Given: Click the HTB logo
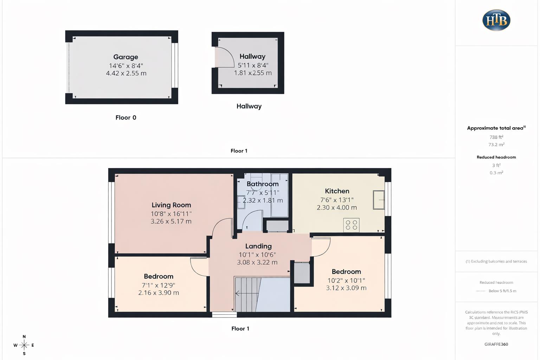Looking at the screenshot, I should (496, 20).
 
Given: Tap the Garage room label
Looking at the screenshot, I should (126, 57).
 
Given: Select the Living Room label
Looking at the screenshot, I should (171, 205).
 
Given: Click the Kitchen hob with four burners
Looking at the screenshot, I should (351, 225).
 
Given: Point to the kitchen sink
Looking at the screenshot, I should (379, 200).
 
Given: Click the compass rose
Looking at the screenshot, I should (24, 345).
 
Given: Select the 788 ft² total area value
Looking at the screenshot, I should (496, 137).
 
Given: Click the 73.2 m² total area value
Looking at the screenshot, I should (496, 144).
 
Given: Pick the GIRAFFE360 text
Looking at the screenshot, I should (496, 344).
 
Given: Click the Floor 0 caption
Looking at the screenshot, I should (126, 118).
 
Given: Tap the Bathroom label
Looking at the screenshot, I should (262, 184).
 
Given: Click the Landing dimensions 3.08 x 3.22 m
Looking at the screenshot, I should (257, 262).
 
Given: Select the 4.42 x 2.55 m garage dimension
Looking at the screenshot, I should (126, 73).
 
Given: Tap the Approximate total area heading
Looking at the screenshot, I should (496, 128).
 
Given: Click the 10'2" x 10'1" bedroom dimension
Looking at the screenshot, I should (346, 281).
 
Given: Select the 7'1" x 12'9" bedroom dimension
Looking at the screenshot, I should (158, 285).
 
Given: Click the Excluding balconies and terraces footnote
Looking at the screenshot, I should (496, 261).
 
